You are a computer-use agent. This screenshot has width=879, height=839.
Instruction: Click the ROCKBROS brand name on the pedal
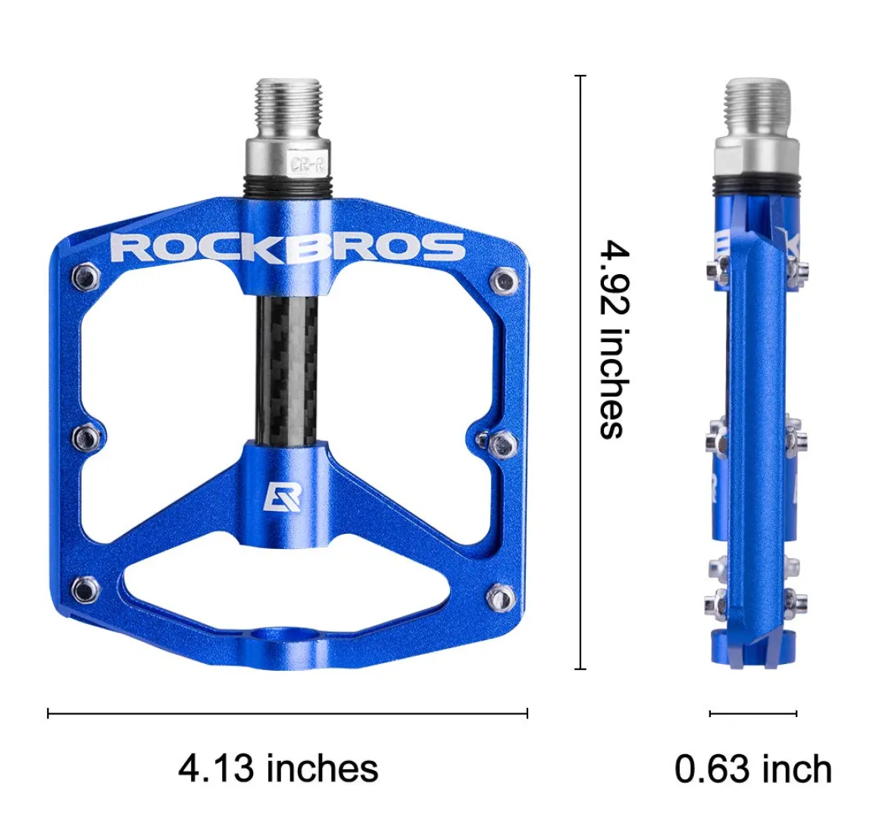point(288,247)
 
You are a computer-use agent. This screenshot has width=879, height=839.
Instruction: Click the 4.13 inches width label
point(278,769)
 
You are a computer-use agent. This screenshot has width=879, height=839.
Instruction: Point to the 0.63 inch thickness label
point(753,769)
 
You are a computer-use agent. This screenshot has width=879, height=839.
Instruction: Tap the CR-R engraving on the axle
point(308,164)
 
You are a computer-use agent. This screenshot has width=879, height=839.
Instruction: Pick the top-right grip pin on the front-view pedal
point(503,279)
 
